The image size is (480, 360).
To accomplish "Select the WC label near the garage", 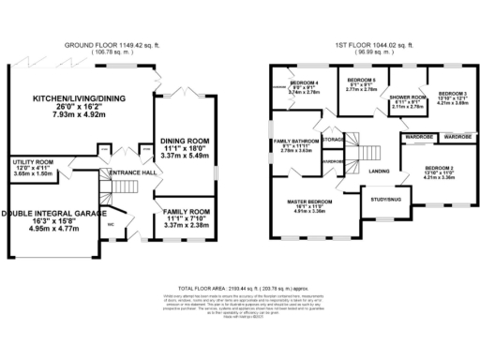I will pyautogui.click(x=111, y=224).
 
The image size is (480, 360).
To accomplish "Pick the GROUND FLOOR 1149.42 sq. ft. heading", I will pyautogui.click(x=108, y=44).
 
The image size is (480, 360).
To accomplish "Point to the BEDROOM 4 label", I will pyautogui.click(x=305, y=83).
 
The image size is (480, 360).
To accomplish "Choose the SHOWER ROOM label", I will pyautogui.click(x=408, y=97).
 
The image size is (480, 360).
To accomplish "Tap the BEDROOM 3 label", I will pyautogui.click(x=452, y=94).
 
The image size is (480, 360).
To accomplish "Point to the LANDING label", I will pyautogui.click(x=379, y=171).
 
